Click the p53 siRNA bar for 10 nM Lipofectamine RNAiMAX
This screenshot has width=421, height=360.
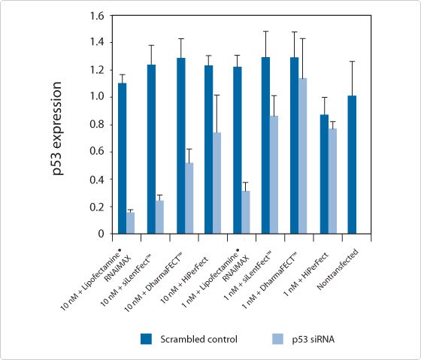point(131,223)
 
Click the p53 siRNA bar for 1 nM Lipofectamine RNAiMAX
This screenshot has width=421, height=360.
point(246,212)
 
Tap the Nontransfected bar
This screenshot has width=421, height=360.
point(351,165)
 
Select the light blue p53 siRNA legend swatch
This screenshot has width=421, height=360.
point(275,339)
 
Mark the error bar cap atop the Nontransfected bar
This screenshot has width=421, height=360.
point(351,62)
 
